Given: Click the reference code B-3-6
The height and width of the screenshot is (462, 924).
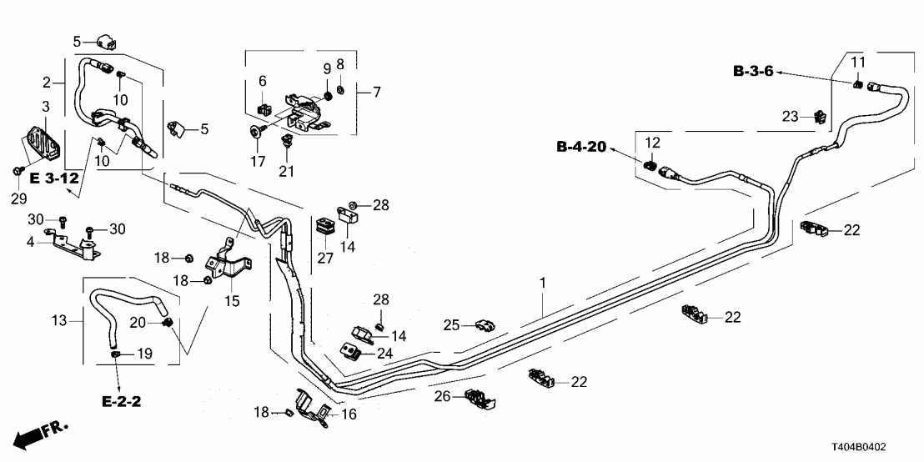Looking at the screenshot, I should (x=753, y=72).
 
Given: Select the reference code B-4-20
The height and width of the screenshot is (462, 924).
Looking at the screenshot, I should (x=581, y=148).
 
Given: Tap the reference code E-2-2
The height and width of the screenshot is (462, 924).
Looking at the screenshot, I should (x=122, y=402).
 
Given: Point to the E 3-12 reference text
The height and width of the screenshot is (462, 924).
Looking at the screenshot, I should (x=54, y=178).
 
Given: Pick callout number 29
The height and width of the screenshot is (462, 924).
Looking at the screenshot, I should (x=18, y=198).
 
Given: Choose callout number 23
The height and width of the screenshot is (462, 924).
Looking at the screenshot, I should (x=790, y=117).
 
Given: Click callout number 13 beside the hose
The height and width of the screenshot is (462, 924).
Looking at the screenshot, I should (x=58, y=321).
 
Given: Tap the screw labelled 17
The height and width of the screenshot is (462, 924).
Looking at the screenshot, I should (x=253, y=131).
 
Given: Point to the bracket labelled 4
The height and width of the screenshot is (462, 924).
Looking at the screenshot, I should (x=71, y=242).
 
